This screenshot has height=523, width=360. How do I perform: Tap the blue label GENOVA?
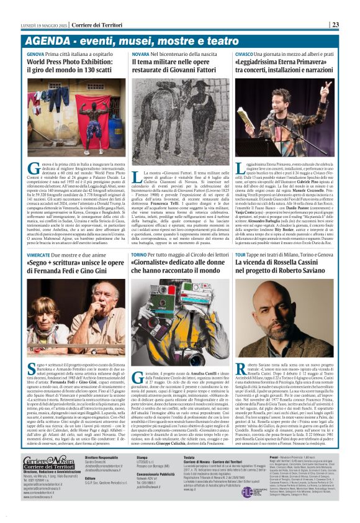coord(35,55)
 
